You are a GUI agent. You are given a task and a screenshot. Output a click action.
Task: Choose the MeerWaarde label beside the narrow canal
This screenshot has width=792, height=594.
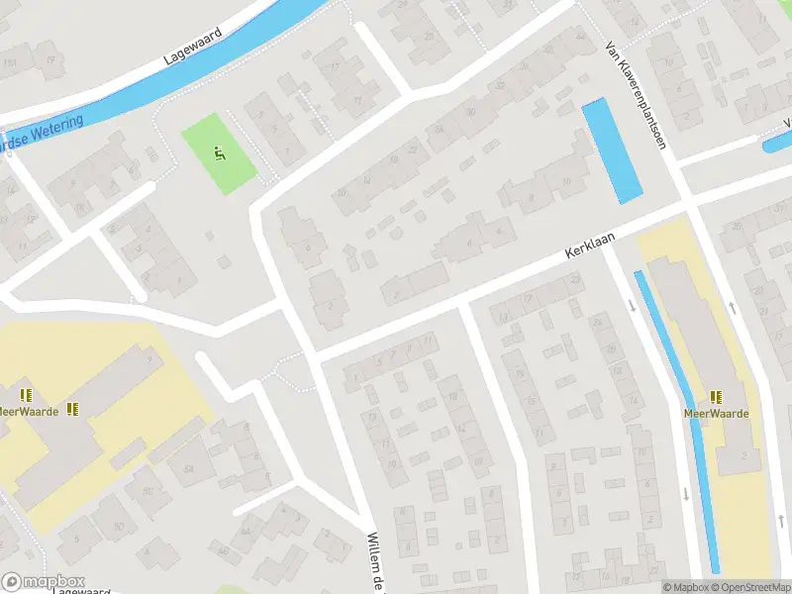716,414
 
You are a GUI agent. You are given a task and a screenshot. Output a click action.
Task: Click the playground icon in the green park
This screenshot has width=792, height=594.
220,153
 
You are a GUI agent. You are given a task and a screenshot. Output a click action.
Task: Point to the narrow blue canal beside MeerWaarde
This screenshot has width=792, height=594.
683,396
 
